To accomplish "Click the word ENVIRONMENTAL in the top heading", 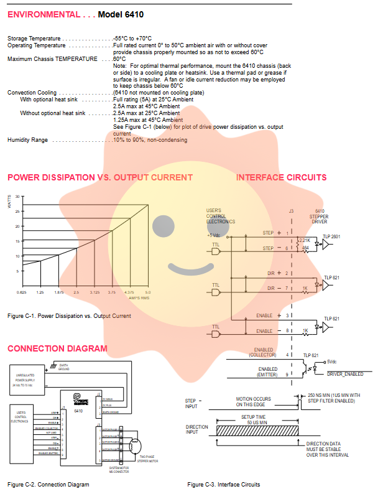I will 43,14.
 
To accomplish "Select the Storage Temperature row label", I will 34,39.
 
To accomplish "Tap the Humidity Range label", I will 27,140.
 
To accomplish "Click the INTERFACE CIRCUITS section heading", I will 281,178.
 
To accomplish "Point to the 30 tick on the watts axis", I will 18,197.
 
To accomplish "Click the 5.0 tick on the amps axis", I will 147,292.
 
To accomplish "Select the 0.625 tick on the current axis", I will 22,292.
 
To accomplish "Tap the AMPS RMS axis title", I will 139,297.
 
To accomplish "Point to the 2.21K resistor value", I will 305,240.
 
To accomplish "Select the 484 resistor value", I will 305,248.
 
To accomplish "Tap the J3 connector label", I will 292,211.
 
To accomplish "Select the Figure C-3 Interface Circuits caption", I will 223,484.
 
